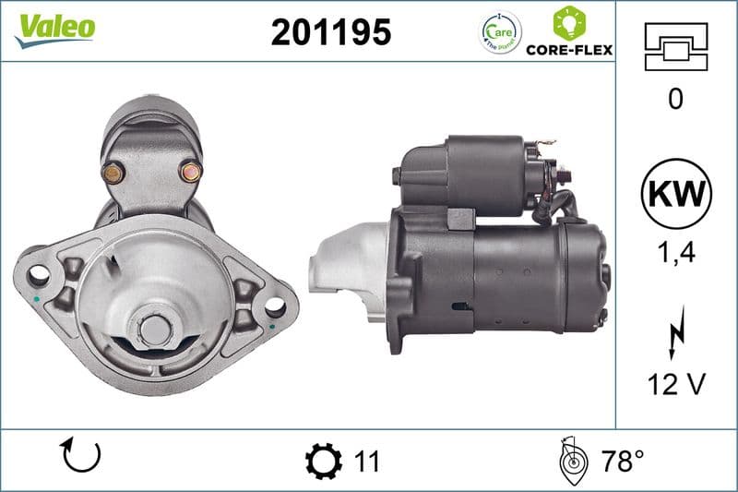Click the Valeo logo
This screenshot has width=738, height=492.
[54, 29]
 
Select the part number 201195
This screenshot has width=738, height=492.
[331, 32]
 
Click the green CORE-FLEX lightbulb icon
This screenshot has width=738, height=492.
[568, 22]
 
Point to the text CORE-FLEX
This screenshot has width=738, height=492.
[569, 50]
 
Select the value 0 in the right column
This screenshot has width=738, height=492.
[675, 99]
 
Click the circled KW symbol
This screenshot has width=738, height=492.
[676, 195]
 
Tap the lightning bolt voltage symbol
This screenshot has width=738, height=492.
[676, 329]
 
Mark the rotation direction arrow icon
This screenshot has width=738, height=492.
[80, 457]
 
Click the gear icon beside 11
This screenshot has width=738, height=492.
[323, 459]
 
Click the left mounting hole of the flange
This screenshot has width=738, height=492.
[38, 274]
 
